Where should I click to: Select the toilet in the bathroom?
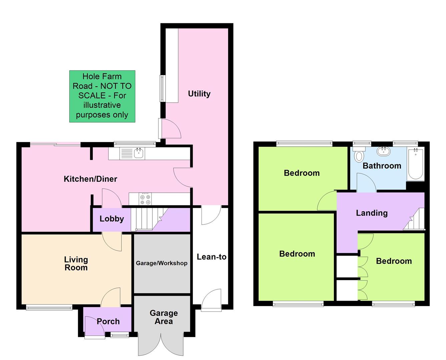359,155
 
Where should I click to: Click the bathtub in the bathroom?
415,164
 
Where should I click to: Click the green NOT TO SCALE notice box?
102,96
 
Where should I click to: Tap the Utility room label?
199,94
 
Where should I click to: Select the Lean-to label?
211,257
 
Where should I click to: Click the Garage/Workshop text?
161,263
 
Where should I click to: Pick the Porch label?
108,321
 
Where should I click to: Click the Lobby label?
112,219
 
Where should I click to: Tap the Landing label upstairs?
372,213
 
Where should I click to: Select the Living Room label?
76,263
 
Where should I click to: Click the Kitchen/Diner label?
90,179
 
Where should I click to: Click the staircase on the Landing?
415,220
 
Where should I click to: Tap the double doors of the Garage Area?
161,343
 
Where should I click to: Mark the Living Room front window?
49,307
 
